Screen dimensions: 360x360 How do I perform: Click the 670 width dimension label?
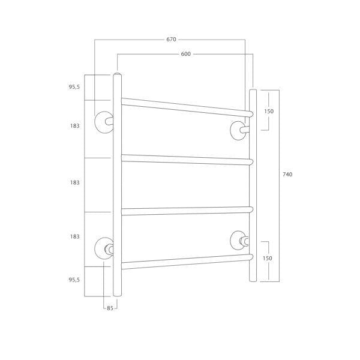click(x=171, y=40)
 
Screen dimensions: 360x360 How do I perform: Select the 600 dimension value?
click(x=186, y=54)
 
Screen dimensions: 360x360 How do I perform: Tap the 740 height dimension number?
click(x=287, y=175)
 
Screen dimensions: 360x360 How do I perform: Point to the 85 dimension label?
click(x=110, y=308)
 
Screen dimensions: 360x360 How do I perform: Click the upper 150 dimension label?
click(x=269, y=112)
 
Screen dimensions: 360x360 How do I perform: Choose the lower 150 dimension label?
click(x=267, y=258)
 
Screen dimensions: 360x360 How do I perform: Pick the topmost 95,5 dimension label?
click(x=74, y=87)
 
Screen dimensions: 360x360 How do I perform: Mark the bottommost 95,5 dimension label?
click(x=74, y=280)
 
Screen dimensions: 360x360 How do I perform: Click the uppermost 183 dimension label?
click(x=75, y=126)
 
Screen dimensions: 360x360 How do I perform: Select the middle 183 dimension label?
click(x=75, y=182)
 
